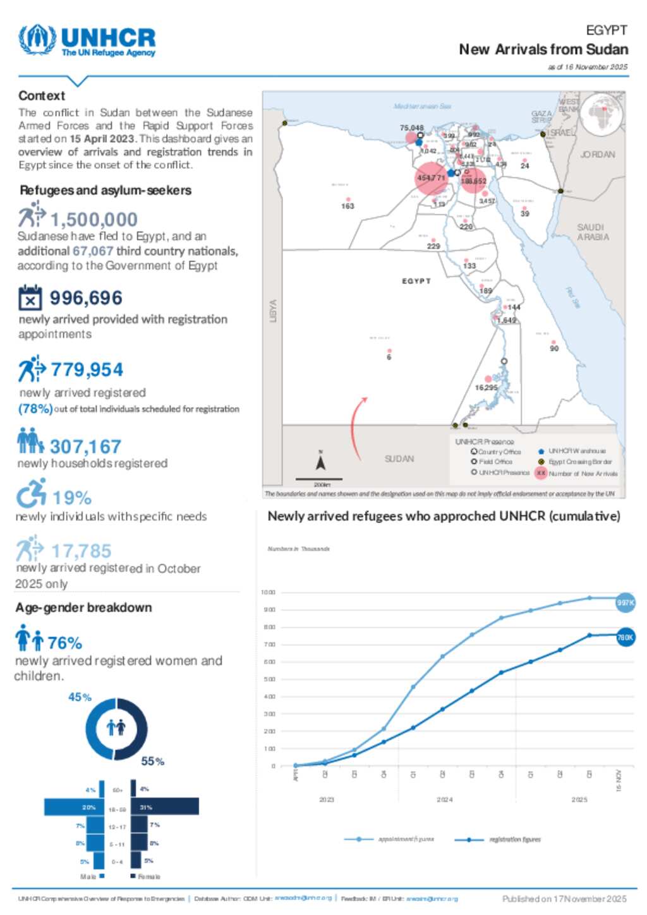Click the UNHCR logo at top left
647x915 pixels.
pos(87,41)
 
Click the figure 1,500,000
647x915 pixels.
pos(94,219)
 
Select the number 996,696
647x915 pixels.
pos(86,298)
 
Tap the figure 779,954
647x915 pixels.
pos(87,369)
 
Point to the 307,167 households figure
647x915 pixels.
pos(85,446)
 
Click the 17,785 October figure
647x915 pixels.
pos(81,551)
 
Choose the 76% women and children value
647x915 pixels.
pos(64,643)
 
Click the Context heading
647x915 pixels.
pos(42,95)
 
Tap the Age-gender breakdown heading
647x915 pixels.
pos(83,607)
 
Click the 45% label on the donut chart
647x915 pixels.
pos(80,697)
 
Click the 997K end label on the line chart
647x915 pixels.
pos(625,602)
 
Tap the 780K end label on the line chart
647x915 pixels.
pos(625,637)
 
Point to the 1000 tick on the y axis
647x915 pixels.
pos(268,592)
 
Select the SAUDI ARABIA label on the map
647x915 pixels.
pos(593,232)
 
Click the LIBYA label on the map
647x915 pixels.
pos(274,311)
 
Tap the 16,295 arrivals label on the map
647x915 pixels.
pos(486,387)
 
